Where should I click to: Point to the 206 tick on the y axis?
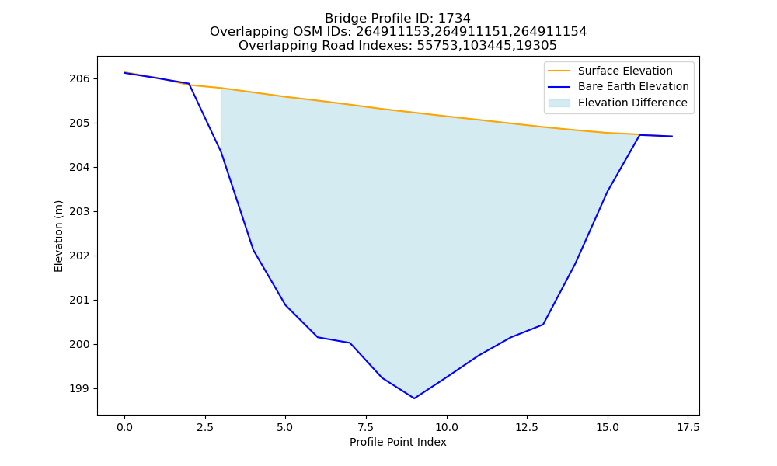[x=80, y=78]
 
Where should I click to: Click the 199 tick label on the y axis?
[x=80, y=389]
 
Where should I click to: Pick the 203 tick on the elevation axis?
[x=80, y=211]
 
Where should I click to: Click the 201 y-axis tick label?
[x=80, y=300]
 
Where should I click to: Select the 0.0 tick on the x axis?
[x=124, y=427]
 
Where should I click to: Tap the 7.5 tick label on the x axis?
[x=366, y=427]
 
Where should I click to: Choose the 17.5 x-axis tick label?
[x=688, y=427]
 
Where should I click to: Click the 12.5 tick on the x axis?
[x=527, y=427]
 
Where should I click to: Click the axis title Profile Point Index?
[x=398, y=442]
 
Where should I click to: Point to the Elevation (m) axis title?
[x=59, y=236]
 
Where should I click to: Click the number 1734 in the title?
[x=455, y=19]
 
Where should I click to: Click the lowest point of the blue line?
[x=414, y=398]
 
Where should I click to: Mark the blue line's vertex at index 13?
[x=543, y=325]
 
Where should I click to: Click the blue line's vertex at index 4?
[x=253, y=249]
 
